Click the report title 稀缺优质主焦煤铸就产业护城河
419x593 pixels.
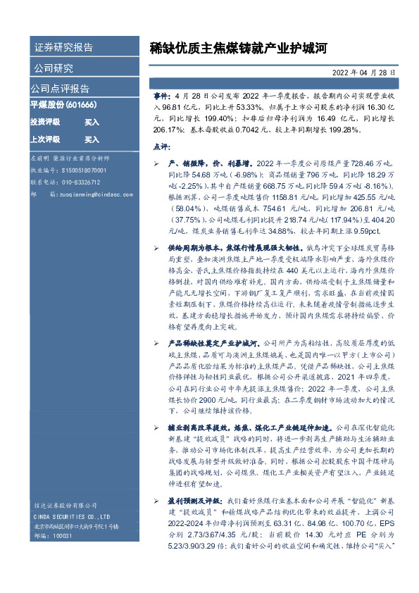point(239,48)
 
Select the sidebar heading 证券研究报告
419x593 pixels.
point(63,48)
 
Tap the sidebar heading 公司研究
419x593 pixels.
point(54,68)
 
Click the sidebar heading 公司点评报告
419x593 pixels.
point(60,89)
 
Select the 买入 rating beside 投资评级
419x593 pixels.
point(92,122)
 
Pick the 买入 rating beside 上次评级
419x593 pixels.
point(92,139)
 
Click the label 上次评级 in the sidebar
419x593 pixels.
point(44,139)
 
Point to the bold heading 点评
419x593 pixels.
point(160,146)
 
